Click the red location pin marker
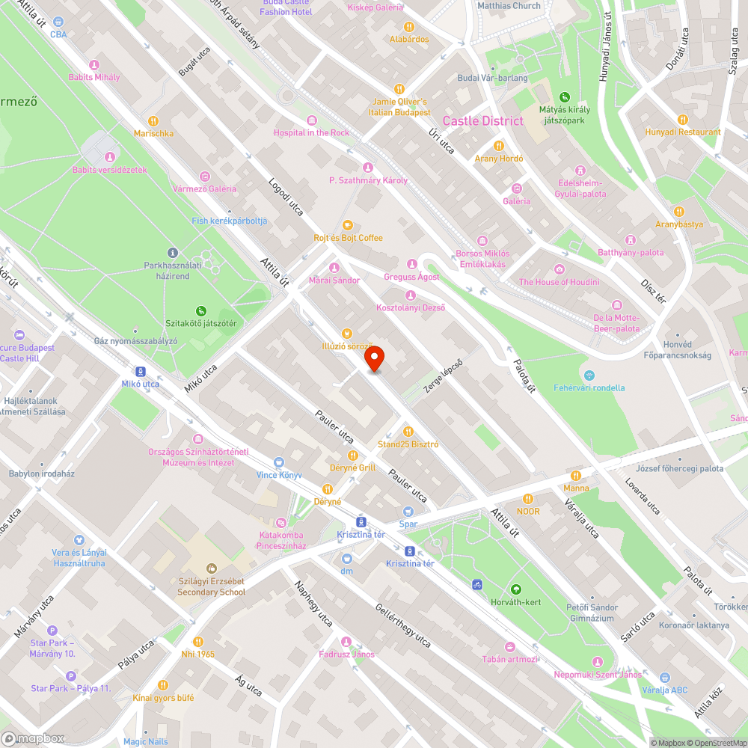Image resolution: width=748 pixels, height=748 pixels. (375, 359)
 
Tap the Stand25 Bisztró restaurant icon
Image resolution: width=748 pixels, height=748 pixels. (408, 432)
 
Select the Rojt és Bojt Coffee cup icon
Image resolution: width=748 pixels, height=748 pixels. (347, 225)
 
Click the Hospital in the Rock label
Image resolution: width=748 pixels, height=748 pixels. (311, 132)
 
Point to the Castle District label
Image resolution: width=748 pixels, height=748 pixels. (482, 121)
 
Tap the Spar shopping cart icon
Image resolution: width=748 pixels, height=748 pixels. (408, 512)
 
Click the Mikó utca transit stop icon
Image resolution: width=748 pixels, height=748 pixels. (141, 372)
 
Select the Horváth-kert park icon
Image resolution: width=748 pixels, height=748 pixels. (515, 589)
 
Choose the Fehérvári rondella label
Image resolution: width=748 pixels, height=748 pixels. (589, 387)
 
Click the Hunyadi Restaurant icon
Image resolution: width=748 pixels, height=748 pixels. (682, 120)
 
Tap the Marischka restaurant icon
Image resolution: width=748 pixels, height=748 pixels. (153, 120)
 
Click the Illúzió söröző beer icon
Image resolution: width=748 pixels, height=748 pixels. (346, 333)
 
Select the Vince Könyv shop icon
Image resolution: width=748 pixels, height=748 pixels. (279, 462)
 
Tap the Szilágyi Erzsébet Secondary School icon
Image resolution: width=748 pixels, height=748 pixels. (211, 568)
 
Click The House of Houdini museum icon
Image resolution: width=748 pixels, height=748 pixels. (559, 269)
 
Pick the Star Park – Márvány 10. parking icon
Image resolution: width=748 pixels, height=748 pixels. (52, 631)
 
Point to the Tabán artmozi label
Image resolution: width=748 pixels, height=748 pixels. (509, 659)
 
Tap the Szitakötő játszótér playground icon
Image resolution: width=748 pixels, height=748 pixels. (200, 311)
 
